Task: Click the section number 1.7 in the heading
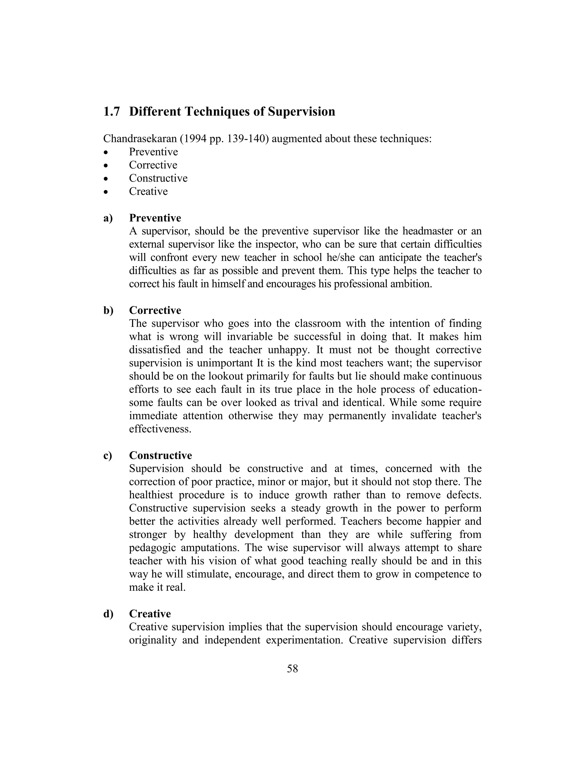point(112,112)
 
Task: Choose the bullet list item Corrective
point(153,165)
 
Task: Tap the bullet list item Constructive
point(158,178)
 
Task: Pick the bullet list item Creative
point(148,191)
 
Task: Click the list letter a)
point(108,218)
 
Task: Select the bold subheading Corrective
point(155,310)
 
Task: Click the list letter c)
point(108,455)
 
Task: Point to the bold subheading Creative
point(150,614)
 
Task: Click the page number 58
point(292,669)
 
